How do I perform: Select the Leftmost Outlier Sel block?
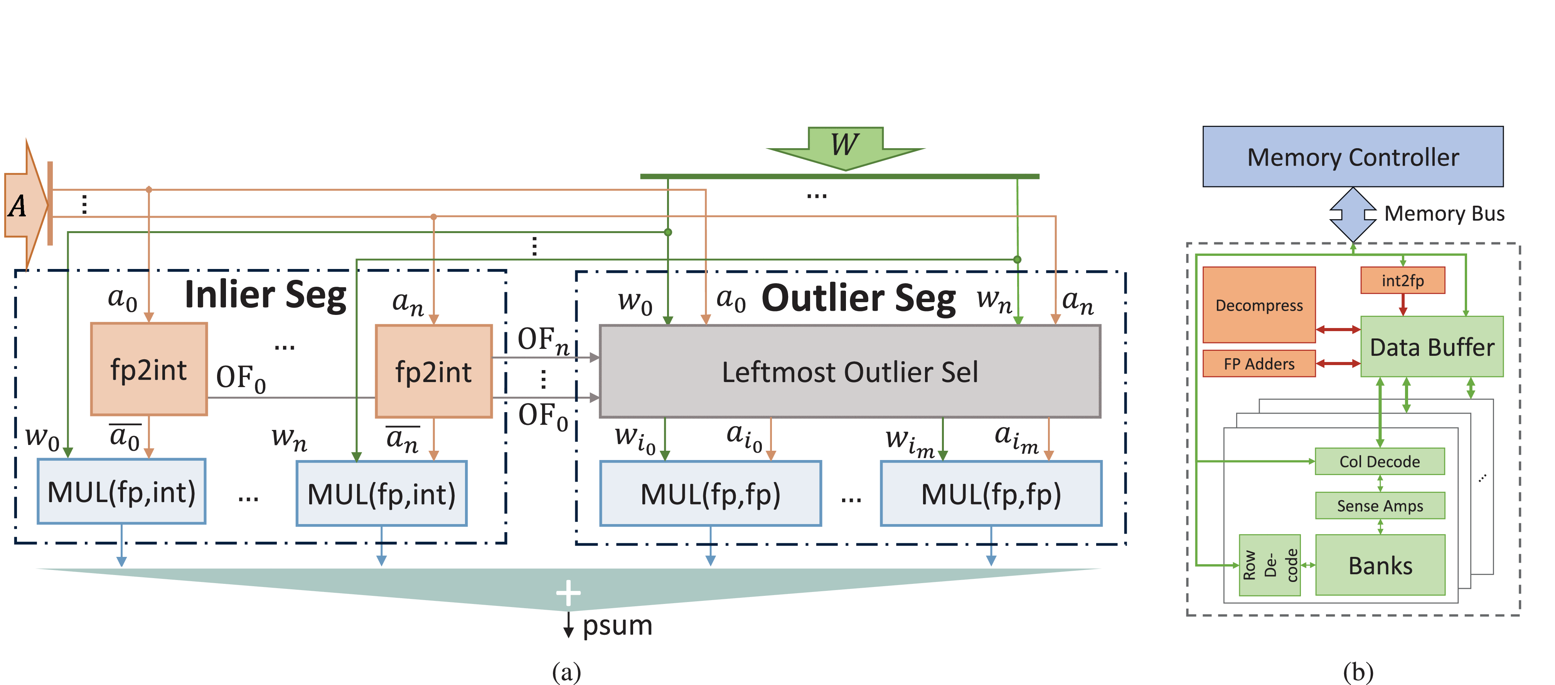click(x=849, y=372)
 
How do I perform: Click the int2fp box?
click(x=1402, y=280)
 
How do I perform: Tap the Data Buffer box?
click(x=1431, y=347)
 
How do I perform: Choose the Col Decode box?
click(x=1379, y=462)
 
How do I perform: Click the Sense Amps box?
click(x=1379, y=506)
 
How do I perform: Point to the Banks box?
click(x=1380, y=565)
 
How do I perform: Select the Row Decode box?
click(x=1269, y=565)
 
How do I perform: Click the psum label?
click(x=617, y=625)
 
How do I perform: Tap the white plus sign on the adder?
click(x=568, y=593)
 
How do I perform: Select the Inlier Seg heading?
click(x=266, y=295)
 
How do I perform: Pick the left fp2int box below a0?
click(x=148, y=369)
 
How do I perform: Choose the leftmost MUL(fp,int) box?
click(x=121, y=492)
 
